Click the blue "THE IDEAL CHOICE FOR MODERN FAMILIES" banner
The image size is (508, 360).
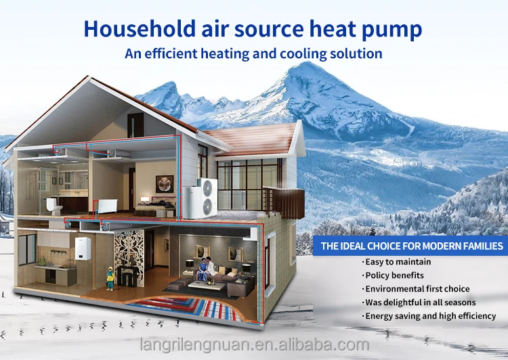(x=410, y=246)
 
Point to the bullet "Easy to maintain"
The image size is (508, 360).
(x=398, y=262)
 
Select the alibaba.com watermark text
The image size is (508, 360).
(x=255, y=344)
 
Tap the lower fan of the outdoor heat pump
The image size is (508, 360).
(x=208, y=206)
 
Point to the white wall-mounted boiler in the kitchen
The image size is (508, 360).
(x=83, y=248)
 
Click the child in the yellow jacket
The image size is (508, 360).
(x=110, y=278)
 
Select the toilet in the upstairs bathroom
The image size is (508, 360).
(x=54, y=206)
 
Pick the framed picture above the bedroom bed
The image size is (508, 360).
(x=165, y=184)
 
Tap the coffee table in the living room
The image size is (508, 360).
(x=207, y=286)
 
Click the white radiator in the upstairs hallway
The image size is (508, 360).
(x=107, y=206)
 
